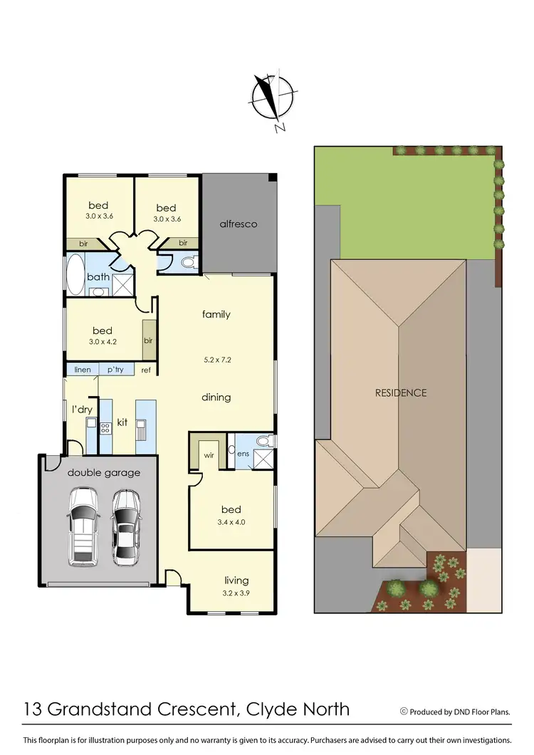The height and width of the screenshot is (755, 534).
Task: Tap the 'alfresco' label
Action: click(x=239, y=224)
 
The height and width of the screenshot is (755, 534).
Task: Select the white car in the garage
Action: click(x=83, y=526)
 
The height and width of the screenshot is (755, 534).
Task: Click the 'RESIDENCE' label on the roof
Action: click(x=401, y=392)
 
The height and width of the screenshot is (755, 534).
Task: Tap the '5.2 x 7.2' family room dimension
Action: click(x=216, y=360)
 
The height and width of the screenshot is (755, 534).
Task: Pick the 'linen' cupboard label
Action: click(x=83, y=370)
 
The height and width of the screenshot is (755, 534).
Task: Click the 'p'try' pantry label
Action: click(x=115, y=370)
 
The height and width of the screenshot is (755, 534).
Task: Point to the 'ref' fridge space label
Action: click(x=146, y=370)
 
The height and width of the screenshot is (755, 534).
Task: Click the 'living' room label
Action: click(x=236, y=580)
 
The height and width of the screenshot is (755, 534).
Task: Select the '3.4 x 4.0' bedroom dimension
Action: click(x=231, y=522)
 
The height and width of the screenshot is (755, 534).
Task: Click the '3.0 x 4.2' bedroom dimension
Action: click(x=103, y=343)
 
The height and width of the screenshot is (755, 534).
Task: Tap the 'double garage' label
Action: click(x=104, y=472)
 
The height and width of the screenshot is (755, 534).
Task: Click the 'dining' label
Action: click(x=216, y=397)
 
